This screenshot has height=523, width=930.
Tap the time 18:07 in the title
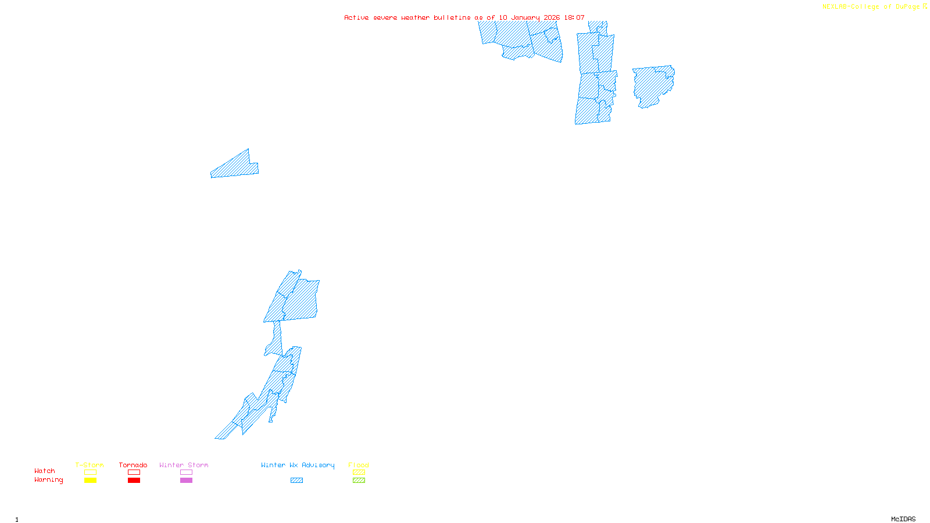574,17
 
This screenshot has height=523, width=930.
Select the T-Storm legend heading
90,465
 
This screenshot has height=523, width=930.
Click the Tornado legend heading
133,465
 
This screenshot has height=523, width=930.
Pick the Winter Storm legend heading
184,465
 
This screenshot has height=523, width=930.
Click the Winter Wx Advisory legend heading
298,465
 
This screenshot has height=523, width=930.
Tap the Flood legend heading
359,465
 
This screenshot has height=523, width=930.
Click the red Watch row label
45,471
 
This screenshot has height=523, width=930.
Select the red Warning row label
49,480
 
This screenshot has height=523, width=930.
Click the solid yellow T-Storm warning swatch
90,481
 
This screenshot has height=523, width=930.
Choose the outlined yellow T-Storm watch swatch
90,472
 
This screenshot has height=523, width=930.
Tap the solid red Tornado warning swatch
134,481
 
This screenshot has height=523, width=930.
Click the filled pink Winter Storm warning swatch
186,481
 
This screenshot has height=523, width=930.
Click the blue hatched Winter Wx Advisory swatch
296,481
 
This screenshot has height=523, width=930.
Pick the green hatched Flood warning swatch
359,481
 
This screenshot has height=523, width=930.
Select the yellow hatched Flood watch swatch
359,472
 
